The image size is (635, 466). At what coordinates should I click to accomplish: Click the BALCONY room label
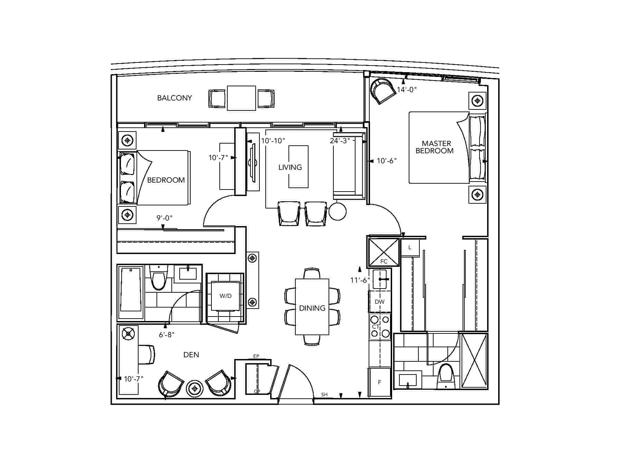click(174, 98)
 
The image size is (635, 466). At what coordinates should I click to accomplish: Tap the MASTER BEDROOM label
click(435, 147)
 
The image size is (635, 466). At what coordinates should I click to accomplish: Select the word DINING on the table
click(312, 308)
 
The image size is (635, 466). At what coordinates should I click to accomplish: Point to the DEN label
click(191, 355)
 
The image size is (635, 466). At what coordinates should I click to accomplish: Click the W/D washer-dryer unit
click(226, 296)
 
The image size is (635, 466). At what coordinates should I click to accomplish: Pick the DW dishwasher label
click(380, 302)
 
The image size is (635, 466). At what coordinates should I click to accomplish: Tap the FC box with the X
click(384, 252)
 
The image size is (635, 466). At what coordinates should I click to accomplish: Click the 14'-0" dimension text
click(407, 90)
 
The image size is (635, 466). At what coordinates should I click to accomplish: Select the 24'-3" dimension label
click(340, 141)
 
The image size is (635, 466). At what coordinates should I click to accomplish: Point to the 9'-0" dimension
click(164, 218)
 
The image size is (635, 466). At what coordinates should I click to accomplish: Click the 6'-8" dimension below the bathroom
click(167, 334)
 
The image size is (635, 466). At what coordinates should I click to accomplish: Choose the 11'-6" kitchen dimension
click(360, 280)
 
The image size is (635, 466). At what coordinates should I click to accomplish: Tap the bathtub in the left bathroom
click(131, 293)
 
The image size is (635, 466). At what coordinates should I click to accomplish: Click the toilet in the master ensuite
click(446, 376)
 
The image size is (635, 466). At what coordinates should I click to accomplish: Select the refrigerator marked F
click(380, 382)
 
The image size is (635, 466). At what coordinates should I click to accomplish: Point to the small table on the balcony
click(241, 98)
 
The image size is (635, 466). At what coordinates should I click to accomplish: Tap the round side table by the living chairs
click(338, 211)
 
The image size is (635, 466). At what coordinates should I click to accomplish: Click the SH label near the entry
click(324, 395)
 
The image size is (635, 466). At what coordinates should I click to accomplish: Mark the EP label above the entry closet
click(256, 356)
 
